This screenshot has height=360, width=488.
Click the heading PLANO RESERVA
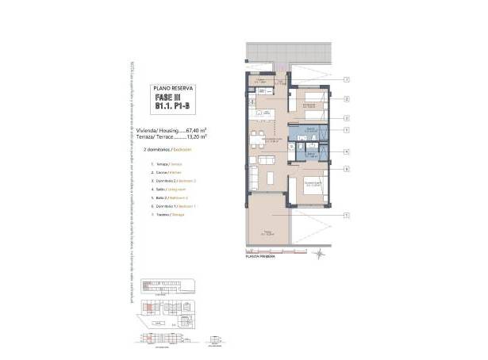point(172,89)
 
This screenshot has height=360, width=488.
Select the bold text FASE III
point(172,98)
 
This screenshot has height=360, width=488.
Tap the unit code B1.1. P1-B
point(172,108)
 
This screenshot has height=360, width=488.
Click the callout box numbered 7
point(347,80)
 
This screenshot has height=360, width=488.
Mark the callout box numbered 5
point(347,130)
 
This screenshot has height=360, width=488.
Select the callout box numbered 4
point(347,151)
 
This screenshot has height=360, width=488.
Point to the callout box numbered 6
point(347,169)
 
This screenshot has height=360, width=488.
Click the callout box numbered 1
point(347,215)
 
